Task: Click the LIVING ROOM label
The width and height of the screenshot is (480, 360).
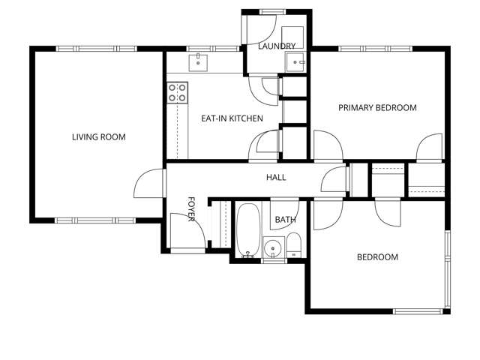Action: tap(98, 137)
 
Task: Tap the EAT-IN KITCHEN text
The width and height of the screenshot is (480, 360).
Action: tap(232, 118)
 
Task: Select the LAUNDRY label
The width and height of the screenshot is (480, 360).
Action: tap(277, 46)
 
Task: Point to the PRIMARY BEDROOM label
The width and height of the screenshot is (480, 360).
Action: tap(376, 108)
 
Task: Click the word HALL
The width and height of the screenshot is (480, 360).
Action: tap(276, 178)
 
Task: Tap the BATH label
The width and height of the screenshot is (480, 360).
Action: tap(285, 220)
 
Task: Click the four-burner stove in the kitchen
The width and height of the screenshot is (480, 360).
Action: tap(177, 92)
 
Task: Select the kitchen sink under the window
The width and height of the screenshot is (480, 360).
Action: tap(198, 61)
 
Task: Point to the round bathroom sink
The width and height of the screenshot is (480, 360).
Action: tap(273, 247)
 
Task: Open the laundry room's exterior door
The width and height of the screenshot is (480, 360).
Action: tap(262, 27)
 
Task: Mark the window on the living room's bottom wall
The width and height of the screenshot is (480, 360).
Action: tap(95, 220)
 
